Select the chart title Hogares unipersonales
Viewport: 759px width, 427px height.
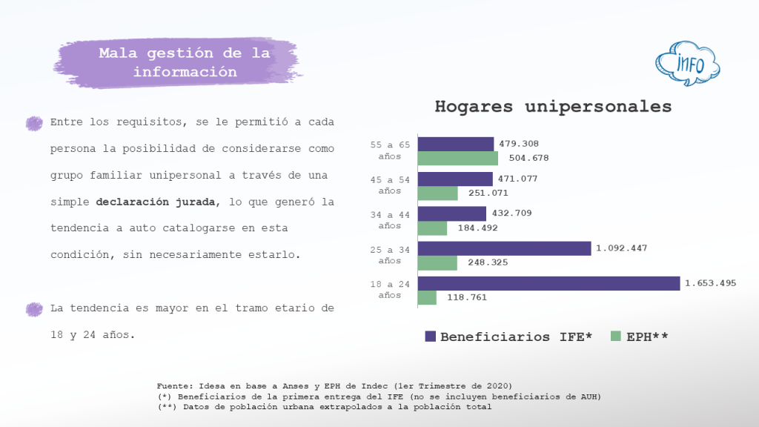tap(552, 107)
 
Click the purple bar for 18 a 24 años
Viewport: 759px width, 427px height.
tap(548, 283)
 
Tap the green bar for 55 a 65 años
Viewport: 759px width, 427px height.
tap(458, 158)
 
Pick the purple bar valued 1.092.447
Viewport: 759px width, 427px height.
tap(504, 248)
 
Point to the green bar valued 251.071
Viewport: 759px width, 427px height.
tap(438, 193)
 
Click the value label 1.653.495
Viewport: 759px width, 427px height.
tap(711, 283)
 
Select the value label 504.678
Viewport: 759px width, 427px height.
tap(528, 158)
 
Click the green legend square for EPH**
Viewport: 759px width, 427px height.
tap(614, 336)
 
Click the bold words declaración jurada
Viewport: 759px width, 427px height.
tap(156, 202)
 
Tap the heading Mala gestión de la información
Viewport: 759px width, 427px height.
tap(185, 63)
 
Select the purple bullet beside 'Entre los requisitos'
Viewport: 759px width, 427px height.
tap(34, 123)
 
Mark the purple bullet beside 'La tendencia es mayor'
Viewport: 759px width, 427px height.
tap(34, 309)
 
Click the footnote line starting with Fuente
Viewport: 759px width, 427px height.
tap(334, 385)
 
